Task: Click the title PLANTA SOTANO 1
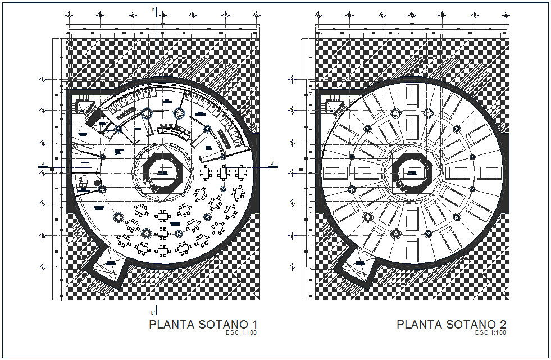point(203,325)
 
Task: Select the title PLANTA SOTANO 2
point(452,325)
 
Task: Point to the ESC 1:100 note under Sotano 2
point(490,333)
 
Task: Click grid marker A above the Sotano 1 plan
point(69,15)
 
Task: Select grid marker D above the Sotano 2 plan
point(412,15)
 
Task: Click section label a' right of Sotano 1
point(272,164)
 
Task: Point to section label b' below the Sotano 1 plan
point(152,312)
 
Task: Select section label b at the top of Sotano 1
point(152,10)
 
